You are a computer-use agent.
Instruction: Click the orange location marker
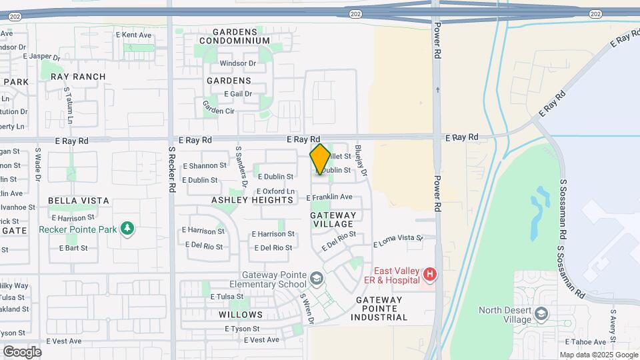(320, 159)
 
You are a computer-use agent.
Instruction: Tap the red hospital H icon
(430, 274)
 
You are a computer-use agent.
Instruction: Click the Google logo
(21, 352)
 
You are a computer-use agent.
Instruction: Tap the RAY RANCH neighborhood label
(78, 77)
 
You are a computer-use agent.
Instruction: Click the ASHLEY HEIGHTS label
(252, 200)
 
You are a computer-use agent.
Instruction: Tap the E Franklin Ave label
(329, 197)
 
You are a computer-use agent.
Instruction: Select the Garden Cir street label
(219, 107)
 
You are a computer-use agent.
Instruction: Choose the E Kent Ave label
(133, 35)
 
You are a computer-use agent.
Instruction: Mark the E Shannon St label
(205, 165)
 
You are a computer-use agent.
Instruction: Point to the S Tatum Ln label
(69, 107)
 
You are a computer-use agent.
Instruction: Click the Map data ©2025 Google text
(599, 355)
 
